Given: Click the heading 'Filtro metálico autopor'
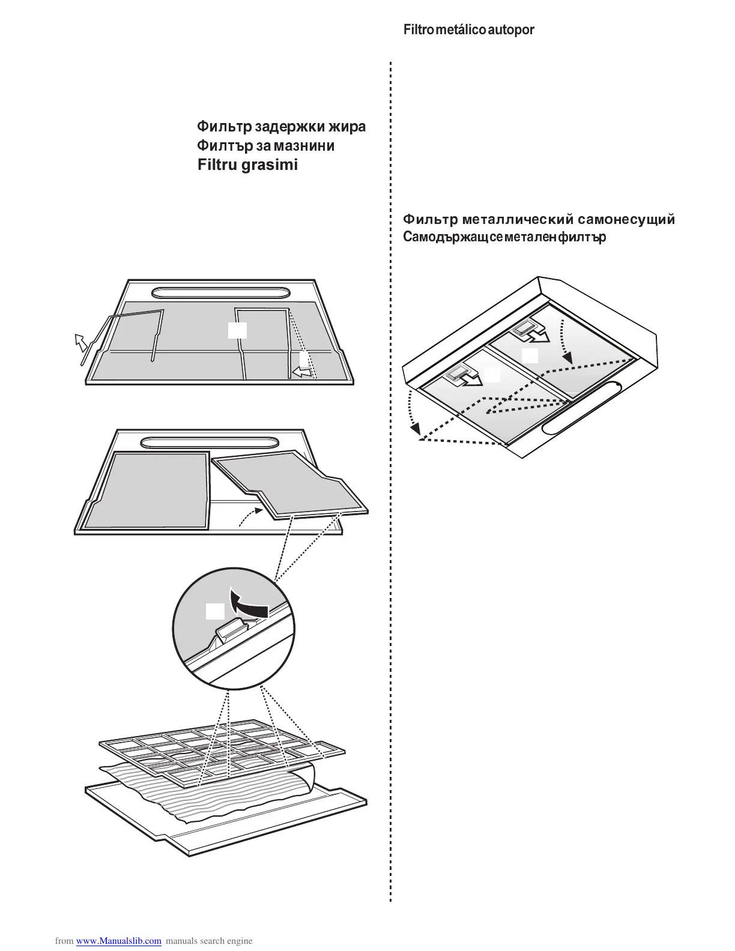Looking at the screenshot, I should click(x=469, y=29).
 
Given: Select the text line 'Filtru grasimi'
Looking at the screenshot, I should click(x=247, y=165).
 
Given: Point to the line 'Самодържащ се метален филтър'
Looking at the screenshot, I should click(x=504, y=237).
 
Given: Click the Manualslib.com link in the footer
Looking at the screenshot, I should click(x=119, y=941).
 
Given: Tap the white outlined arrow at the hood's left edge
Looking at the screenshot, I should click(x=79, y=343).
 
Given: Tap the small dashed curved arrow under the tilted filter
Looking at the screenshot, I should click(x=251, y=516).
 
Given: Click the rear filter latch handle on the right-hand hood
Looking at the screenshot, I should click(x=525, y=328).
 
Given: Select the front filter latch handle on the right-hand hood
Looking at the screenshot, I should click(x=460, y=375).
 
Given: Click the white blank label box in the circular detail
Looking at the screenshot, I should click(x=215, y=612).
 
